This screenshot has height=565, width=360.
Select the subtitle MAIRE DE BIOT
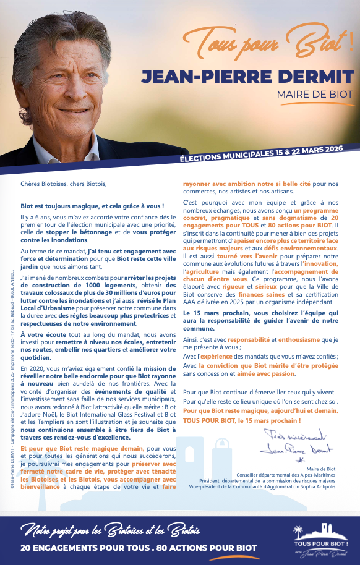click(x=315, y=95)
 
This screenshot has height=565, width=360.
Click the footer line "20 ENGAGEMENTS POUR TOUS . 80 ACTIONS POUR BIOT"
click(x=139, y=548)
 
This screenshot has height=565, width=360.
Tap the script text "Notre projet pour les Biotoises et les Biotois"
click(x=111, y=530)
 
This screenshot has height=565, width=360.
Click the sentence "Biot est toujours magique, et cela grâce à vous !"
click(x=92, y=206)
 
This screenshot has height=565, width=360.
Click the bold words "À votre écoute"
click(x=41, y=334)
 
